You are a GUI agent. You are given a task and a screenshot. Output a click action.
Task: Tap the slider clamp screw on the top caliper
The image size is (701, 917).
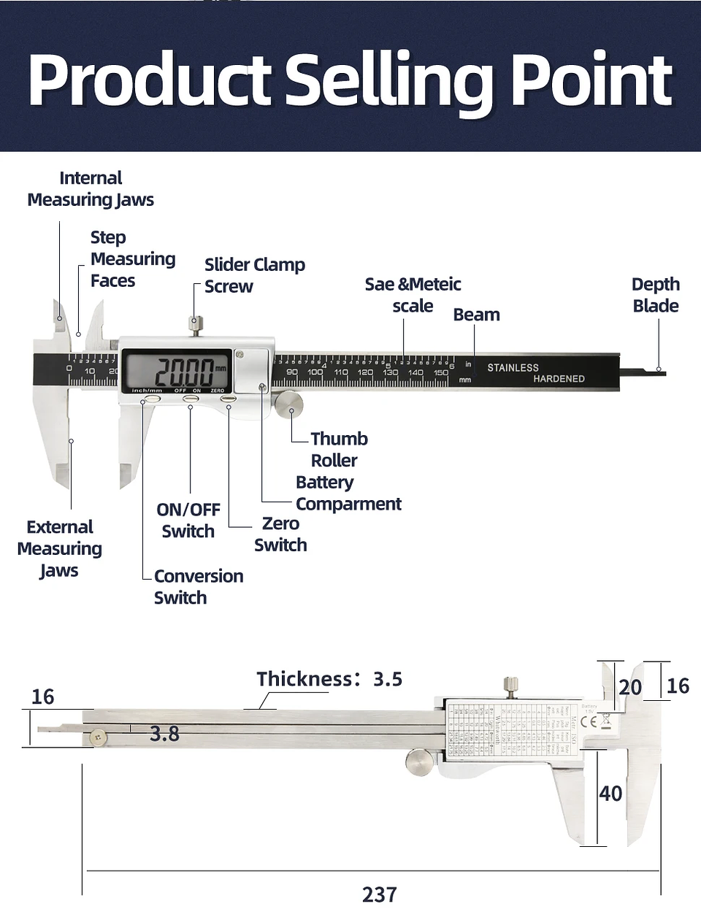click(196, 324)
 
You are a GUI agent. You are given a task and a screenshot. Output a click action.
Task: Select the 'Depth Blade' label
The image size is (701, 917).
click(655, 295)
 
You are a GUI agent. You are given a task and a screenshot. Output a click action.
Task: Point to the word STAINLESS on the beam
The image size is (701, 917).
click(513, 368)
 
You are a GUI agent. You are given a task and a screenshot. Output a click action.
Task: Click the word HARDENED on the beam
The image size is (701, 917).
click(559, 379)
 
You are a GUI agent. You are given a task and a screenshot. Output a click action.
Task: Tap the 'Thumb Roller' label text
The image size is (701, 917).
click(338, 449)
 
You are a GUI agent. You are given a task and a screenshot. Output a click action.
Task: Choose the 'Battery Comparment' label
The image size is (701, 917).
click(348, 493)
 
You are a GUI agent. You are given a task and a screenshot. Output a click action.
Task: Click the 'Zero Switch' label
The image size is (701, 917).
click(280, 534)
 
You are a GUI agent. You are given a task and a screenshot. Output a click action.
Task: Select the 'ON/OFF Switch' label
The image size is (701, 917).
click(188, 520)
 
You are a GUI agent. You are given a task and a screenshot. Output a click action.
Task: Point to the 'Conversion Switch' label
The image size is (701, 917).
click(198, 586)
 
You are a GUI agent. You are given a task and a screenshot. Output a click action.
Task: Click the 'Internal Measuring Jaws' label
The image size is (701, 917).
click(91, 188)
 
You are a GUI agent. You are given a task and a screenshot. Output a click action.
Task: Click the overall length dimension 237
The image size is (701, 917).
click(379, 894)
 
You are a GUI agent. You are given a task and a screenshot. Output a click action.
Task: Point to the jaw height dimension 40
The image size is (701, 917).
click(610, 794)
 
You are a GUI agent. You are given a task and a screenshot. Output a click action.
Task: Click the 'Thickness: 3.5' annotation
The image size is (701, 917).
click(329, 679)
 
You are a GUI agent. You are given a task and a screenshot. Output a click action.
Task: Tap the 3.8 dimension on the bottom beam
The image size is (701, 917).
click(164, 734)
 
